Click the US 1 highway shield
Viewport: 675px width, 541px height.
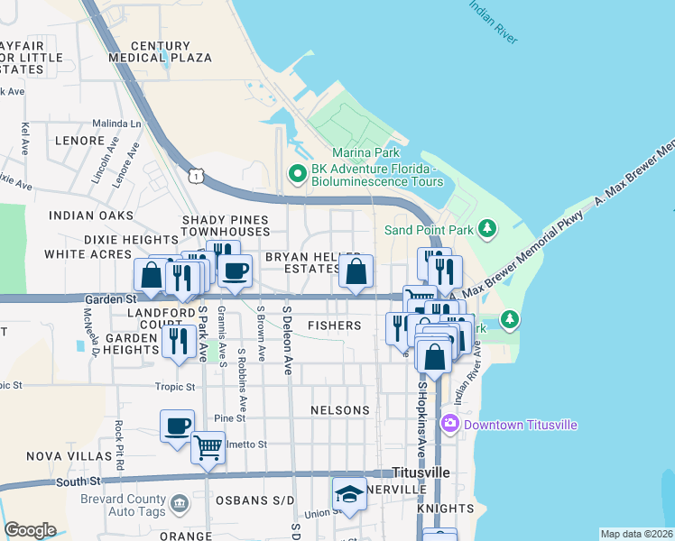[x=195, y=177]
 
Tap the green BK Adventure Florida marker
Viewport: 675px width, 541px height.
[x=296, y=172]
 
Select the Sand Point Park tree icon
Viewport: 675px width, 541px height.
[x=487, y=229]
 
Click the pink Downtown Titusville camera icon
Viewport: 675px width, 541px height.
[x=449, y=423]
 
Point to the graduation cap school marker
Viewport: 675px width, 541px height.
[x=349, y=495]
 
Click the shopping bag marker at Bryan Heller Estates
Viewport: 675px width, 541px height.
[x=356, y=272]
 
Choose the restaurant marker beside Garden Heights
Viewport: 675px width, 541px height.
[x=178, y=342]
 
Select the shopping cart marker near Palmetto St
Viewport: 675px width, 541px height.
[x=208, y=446]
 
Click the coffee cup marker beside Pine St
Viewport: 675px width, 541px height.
[x=177, y=426]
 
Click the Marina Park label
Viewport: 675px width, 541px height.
[x=365, y=152]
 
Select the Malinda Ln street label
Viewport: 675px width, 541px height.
[x=117, y=124]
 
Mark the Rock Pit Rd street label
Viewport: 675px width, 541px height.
[x=118, y=438]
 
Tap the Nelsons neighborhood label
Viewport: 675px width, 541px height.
[x=340, y=410]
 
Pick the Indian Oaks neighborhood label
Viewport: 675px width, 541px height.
[x=91, y=215]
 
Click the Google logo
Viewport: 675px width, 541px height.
[x=30, y=529]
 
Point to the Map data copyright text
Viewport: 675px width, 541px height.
[x=637, y=534]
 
